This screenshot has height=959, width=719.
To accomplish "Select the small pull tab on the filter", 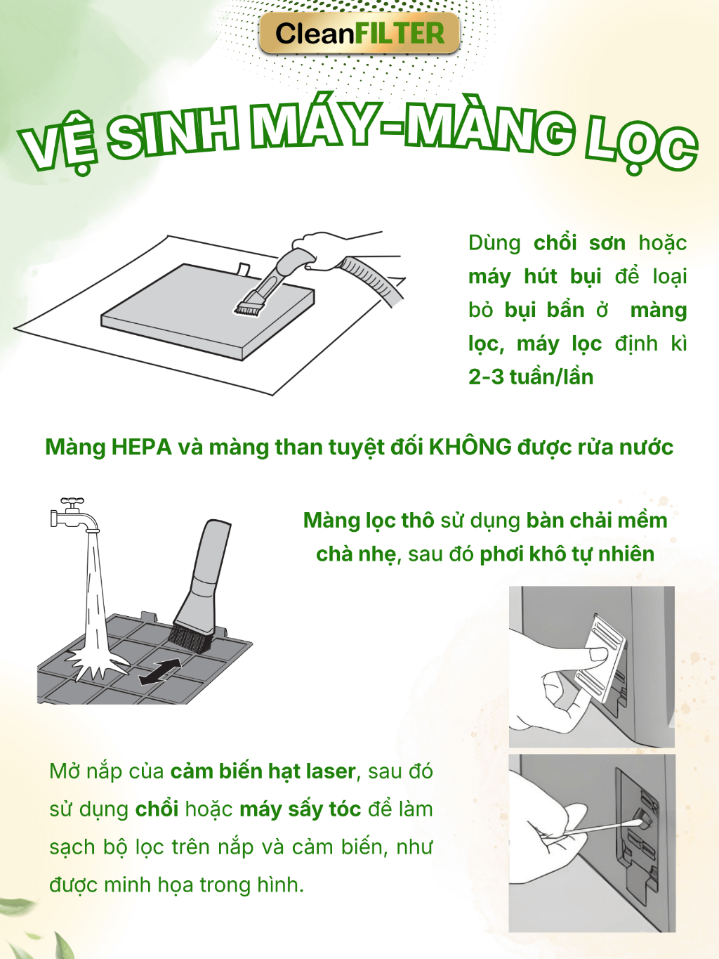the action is coord(242,268).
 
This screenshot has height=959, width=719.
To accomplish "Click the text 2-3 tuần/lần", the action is coord(531,377).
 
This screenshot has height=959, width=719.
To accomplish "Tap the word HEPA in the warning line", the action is coord(141,447).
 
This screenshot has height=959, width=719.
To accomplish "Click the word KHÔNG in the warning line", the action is coord(470,446).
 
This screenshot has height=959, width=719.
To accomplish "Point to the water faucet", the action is coord(74,514).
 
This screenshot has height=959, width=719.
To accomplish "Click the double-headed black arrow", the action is coord(160,672).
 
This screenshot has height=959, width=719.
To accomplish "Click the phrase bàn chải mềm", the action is coord(597,521).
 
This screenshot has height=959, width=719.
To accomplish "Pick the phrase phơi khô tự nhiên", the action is coord(567,554).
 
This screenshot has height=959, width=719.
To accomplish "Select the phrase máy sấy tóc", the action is coord(301,809).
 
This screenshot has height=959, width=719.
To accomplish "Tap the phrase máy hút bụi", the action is coord(535,277).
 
